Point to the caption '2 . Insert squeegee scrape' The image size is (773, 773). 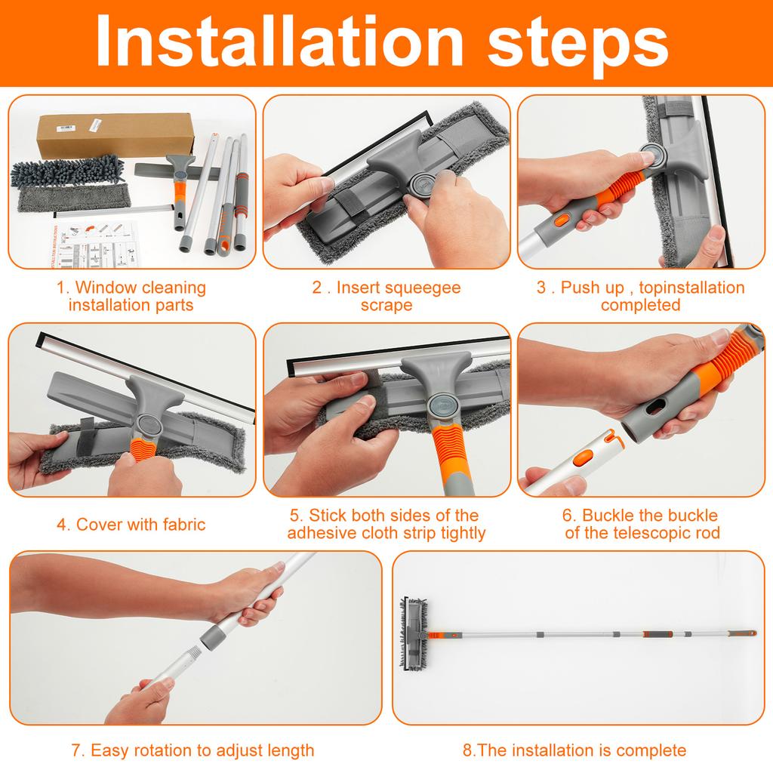tap(386, 296)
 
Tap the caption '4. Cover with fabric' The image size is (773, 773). tap(131, 525)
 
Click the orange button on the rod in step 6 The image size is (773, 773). tap(584, 458)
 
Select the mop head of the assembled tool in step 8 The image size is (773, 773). tap(414, 632)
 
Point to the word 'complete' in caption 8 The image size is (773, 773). tap(651, 750)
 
